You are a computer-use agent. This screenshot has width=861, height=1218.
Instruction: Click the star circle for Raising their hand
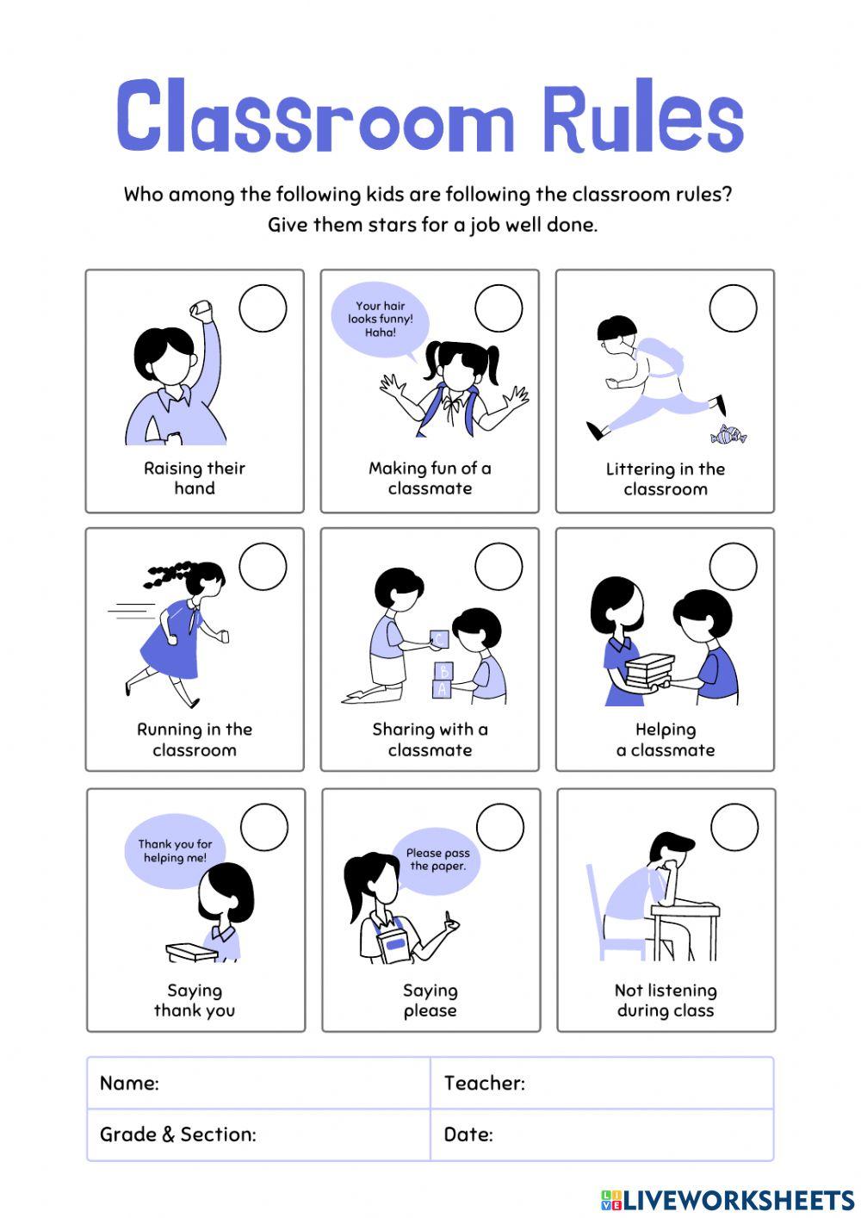[263, 308]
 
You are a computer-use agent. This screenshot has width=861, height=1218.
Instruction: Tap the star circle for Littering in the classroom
[733, 308]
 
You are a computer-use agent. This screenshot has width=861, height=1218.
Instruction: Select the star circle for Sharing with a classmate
[499, 567]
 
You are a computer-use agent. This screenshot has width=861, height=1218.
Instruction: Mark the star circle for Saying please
[499, 828]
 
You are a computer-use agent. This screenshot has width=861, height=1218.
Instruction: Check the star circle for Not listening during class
[734, 828]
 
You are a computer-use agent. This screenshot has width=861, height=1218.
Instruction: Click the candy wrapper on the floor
[728, 435]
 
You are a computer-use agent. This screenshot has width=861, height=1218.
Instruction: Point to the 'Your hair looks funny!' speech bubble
[380, 320]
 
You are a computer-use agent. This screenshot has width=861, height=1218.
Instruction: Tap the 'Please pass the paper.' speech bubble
[437, 860]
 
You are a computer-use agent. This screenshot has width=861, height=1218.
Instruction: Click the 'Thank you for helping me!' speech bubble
[175, 852]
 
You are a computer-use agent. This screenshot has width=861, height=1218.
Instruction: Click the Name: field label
[129, 1083]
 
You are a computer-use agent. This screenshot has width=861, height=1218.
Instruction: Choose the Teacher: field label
[484, 1083]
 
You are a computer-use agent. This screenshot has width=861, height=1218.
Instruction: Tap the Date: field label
[468, 1134]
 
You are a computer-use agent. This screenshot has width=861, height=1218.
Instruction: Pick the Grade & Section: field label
[178, 1134]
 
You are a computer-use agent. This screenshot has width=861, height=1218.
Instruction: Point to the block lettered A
[443, 689]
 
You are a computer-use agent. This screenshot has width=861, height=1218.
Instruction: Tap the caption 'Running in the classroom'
[195, 739]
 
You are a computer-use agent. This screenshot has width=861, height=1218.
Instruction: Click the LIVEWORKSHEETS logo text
[737, 1201]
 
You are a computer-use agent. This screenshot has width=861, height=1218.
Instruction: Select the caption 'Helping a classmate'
[666, 740]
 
